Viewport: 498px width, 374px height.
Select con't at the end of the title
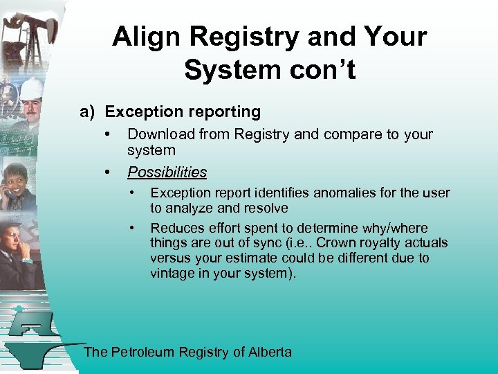pos(322,69)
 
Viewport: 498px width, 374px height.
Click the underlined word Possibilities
pos(167,172)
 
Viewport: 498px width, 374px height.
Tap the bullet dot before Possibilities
pos(107,172)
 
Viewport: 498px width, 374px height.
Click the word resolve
pos(266,208)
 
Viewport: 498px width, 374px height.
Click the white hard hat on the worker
pos(30,88)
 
